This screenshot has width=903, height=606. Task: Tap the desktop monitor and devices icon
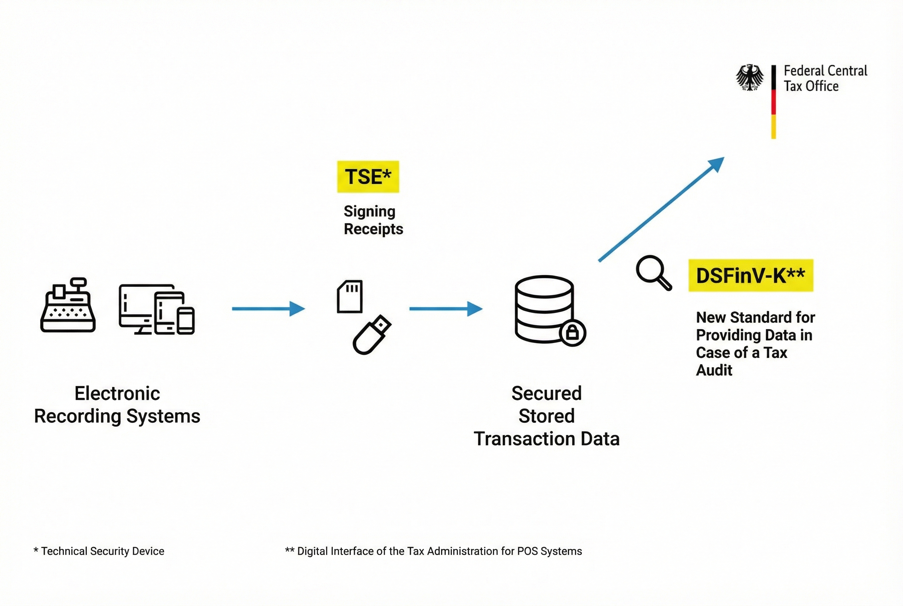156,309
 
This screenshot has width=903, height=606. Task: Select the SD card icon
350,297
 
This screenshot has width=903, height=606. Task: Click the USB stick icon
372,335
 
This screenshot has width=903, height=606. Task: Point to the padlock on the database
572,332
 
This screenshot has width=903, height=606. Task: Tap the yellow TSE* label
368,177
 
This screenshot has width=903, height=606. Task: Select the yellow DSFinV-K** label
750,275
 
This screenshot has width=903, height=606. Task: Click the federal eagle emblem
750,78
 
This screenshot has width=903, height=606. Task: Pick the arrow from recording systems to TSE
268,309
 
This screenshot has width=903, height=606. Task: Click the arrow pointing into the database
445,309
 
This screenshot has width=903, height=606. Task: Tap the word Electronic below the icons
117,393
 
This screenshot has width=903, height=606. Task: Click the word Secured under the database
547,393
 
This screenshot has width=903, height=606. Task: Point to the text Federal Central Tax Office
825,79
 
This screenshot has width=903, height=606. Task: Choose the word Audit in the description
714,370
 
